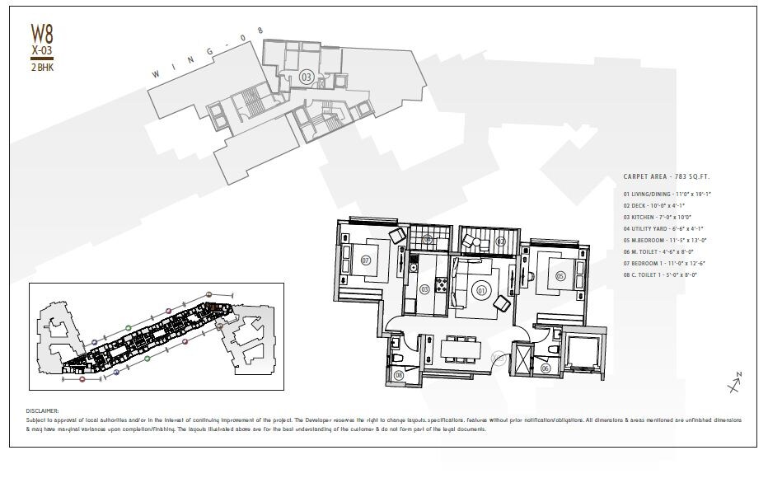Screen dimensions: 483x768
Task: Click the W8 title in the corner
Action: (x=42, y=33)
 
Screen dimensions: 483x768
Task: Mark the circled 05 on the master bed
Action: (x=560, y=276)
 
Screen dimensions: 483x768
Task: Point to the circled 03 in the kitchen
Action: (x=424, y=288)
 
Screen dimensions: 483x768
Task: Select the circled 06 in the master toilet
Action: (x=546, y=368)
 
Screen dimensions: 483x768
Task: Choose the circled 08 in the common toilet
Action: (x=399, y=375)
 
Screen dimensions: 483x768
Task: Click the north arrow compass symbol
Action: (x=734, y=383)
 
